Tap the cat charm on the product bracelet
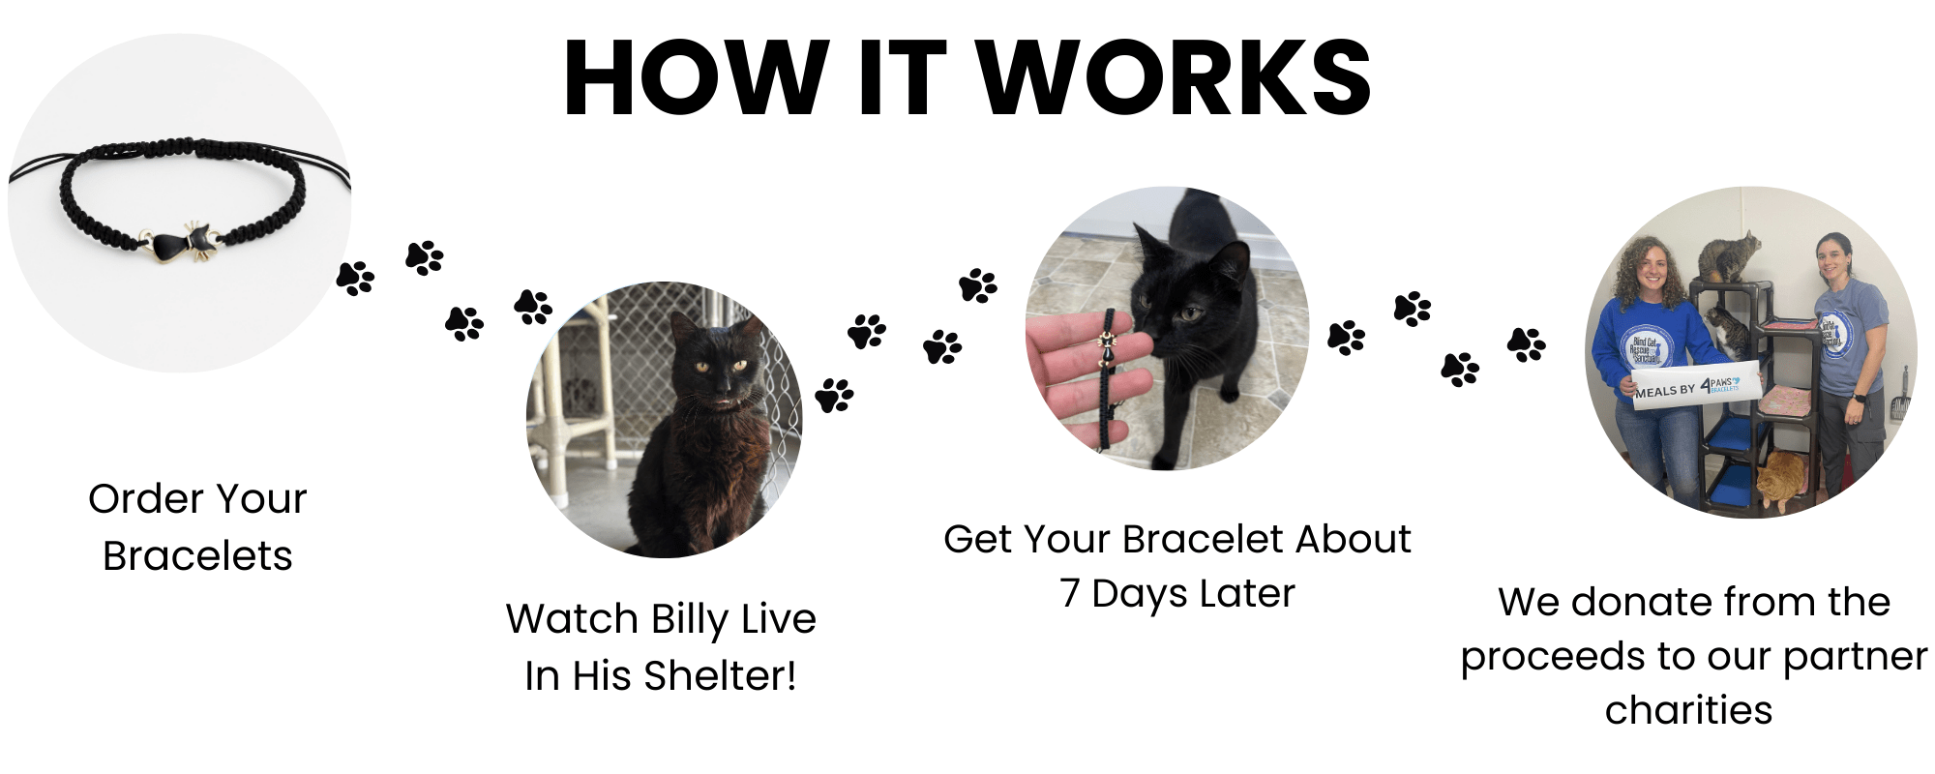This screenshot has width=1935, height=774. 183,242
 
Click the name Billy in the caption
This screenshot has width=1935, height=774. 691,620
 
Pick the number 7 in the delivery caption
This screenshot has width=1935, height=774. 1070,593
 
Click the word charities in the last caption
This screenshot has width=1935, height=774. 1688,710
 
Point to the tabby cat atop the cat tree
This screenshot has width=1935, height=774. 1731,255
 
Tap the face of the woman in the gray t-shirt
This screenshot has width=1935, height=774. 1832,257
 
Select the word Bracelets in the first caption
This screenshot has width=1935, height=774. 197,556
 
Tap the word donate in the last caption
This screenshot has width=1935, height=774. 1641,602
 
